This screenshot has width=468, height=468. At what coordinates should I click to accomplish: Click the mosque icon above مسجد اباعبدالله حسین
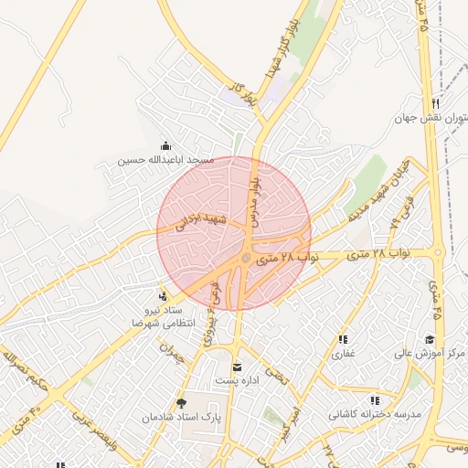pos(165,145)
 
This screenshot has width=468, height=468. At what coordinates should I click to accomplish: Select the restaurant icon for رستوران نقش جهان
pos(435,103)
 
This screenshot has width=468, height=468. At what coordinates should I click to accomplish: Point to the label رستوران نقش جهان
pos(431,118)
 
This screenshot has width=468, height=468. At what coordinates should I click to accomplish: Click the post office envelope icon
pos(237,367)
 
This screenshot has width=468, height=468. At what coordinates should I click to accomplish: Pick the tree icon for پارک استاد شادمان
pos(182,402)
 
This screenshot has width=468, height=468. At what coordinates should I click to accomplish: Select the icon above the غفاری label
pos(342,339)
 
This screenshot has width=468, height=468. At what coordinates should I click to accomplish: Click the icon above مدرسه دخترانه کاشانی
pos(375,400)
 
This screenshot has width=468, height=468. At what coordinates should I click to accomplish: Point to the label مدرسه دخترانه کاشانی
pos(376,414)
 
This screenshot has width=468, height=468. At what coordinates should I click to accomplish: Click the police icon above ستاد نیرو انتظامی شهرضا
pos(162,296)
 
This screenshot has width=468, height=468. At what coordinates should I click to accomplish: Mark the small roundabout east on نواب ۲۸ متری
pos(438,252)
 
